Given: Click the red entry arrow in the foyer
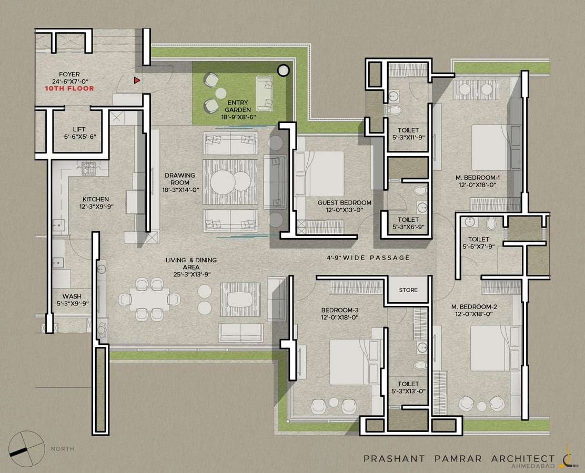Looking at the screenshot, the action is click(137, 80).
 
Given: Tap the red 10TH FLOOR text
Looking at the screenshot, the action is click(69, 88).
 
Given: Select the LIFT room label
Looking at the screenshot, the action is click(79, 129).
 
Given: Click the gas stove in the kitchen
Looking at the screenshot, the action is click(88, 169).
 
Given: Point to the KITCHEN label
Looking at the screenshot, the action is click(96, 199).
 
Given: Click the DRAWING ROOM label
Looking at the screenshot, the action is click(180, 179).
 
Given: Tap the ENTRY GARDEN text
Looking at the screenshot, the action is click(238, 106).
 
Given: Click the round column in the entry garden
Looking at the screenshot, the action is click(283, 70).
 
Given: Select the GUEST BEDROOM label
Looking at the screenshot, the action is click(345, 203).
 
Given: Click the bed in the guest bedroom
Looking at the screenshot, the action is click(319, 173).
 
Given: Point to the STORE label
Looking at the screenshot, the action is click(408, 290).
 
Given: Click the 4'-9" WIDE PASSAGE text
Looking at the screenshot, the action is click(368, 258).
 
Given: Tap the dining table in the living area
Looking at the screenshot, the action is click(149, 299).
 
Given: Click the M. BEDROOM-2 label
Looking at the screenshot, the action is click(474, 307).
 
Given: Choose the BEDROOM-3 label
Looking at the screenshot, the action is click(340, 310).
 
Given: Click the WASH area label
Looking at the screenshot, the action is click(72, 297).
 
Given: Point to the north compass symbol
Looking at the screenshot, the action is click(26, 449).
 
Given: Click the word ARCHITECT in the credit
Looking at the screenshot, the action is click(523, 458).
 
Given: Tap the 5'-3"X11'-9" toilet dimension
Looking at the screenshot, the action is click(408, 137).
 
